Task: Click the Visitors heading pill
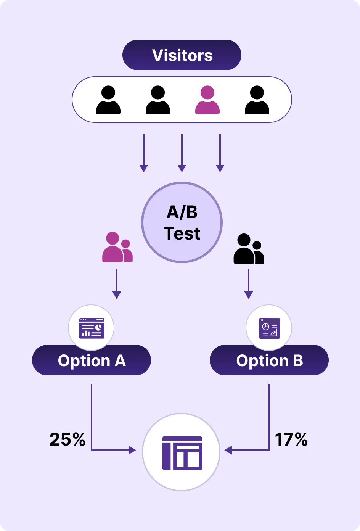(x=182, y=55)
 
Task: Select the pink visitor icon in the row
(x=207, y=100)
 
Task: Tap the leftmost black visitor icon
(x=108, y=100)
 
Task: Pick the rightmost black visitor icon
(x=257, y=100)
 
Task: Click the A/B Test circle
(x=182, y=223)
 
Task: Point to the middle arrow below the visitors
(x=182, y=153)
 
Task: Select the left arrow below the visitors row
(x=144, y=153)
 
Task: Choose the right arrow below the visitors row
(x=220, y=153)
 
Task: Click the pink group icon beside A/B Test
(x=117, y=248)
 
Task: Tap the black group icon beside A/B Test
(x=248, y=249)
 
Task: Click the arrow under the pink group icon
(x=117, y=284)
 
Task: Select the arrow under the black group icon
(x=249, y=284)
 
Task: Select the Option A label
(x=92, y=360)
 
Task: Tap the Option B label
(x=269, y=360)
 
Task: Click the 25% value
(x=67, y=439)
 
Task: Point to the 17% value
(x=291, y=439)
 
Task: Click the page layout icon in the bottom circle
(x=182, y=453)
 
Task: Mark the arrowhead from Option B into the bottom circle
(x=228, y=451)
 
